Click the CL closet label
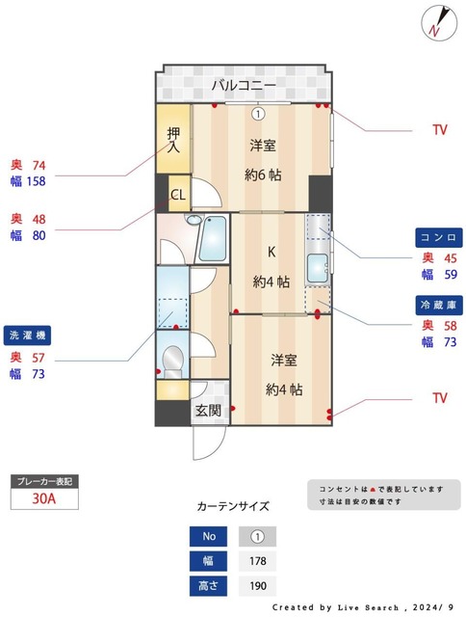point(178,195)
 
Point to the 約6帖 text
point(262,174)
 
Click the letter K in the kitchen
point(272,253)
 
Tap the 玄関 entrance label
point(208,410)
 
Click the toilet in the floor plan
point(173,361)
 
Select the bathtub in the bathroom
point(213,238)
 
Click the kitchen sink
point(317,267)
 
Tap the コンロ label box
point(438,237)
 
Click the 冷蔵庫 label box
point(438,305)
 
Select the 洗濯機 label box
point(28,335)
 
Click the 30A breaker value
point(42,498)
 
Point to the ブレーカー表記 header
point(42,480)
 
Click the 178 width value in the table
point(257,561)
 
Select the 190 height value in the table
point(257,585)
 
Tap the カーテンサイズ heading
point(233,505)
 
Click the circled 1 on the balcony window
point(258,113)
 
